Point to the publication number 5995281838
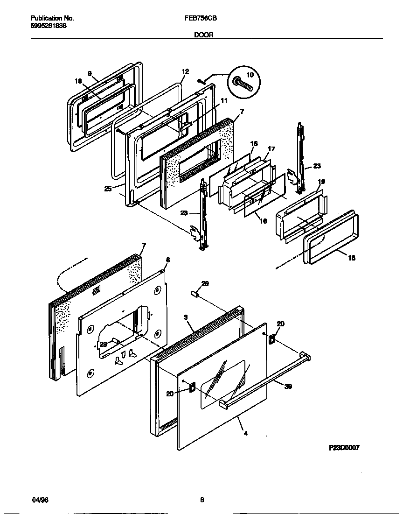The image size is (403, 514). pyautogui.click(x=48, y=26)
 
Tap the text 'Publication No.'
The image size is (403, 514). pyautogui.click(x=52, y=18)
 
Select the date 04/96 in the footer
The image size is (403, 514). pyautogui.click(x=40, y=500)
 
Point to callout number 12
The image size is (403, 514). pyautogui.click(x=185, y=71)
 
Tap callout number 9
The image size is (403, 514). pyautogui.click(x=90, y=74)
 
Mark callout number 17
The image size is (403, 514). pyautogui.click(x=271, y=149)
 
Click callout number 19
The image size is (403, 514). pyautogui.click(x=321, y=182)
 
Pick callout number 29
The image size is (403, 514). pyautogui.click(x=204, y=283)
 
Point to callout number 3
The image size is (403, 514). pyautogui.click(x=186, y=317)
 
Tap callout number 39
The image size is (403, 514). pyautogui.click(x=288, y=387)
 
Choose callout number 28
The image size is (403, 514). pyautogui.click(x=104, y=344)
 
